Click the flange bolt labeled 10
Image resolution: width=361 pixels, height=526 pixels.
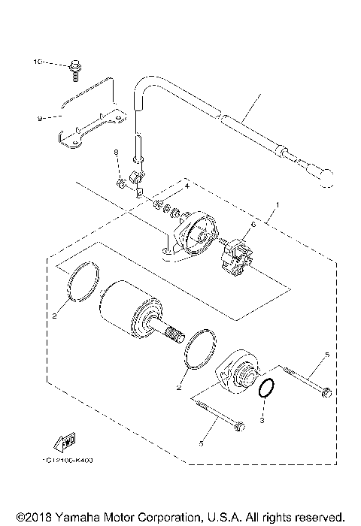tap(75, 68)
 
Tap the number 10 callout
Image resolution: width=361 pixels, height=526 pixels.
tap(36, 63)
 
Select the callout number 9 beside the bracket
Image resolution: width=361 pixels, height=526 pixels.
tap(38, 117)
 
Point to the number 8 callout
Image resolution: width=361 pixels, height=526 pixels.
tap(117, 153)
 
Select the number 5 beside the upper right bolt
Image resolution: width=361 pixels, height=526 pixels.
tap(326, 353)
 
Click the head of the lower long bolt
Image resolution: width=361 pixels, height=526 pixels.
tap(238, 427)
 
